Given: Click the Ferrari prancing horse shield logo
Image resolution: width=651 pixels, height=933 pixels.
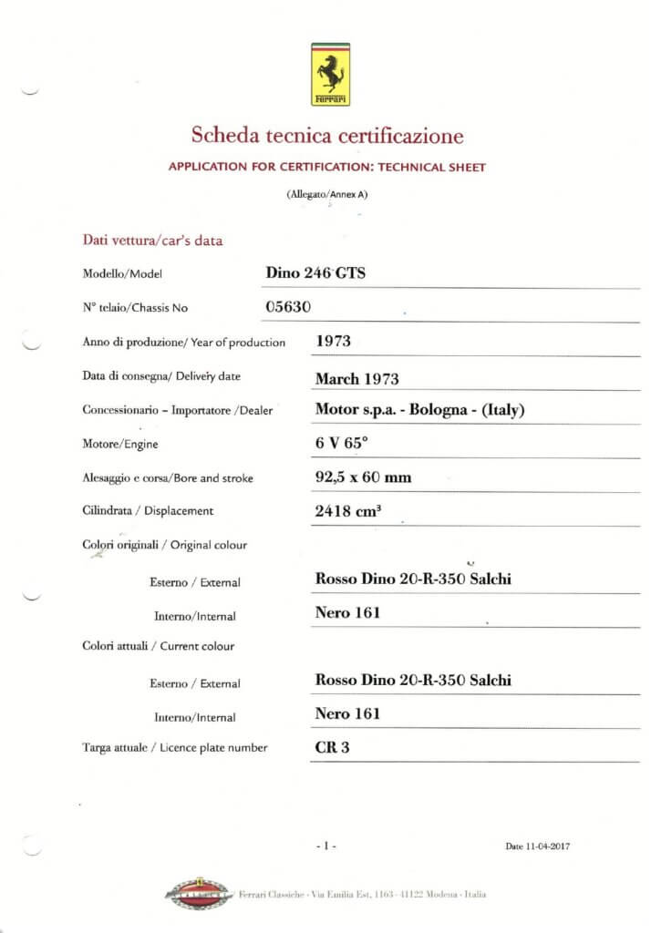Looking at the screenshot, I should [330, 74].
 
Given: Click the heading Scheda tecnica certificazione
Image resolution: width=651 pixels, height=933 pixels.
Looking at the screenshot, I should [326, 137].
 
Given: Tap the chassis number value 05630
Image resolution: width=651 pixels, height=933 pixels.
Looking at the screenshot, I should [288, 307].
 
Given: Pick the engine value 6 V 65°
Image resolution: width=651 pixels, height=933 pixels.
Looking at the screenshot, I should [341, 444].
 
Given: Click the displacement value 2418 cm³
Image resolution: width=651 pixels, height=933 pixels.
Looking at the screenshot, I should [347, 511].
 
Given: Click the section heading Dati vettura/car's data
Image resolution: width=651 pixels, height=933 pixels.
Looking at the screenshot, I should [152, 241].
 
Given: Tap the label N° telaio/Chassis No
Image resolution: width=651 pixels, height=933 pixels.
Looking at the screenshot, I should [135, 308].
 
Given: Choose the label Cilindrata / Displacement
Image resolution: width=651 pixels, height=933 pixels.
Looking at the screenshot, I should [148, 511].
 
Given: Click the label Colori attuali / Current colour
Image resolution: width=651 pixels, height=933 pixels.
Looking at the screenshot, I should [159, 646].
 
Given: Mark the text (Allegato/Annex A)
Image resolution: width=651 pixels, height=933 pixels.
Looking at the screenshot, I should [326, 194].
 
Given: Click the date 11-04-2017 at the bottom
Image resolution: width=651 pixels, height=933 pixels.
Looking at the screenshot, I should [538, 846].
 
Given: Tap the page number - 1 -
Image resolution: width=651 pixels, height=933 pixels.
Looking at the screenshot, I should [326, 846].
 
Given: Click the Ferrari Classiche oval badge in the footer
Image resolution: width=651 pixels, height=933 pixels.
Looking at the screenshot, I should [200, 894].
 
